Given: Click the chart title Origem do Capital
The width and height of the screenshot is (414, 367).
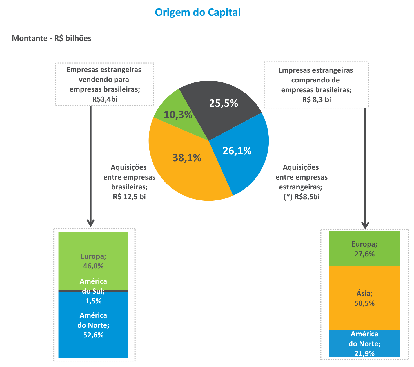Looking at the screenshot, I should [198, 12].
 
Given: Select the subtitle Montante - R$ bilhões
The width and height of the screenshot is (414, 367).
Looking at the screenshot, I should [52, 38].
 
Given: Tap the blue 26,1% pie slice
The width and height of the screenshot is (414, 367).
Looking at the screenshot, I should [242, 158].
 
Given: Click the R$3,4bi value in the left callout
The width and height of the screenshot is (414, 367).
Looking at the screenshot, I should [104, 99].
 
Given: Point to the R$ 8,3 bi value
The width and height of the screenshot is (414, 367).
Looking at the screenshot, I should [317, 100].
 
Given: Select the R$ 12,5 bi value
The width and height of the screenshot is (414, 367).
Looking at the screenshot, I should [129, 197].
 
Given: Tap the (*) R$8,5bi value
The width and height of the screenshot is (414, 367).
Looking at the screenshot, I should [301, 197].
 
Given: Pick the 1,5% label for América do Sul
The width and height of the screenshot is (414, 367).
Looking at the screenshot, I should [93, 301].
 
